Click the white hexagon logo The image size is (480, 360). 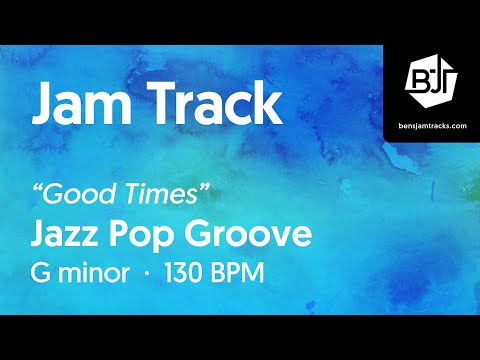coord(432,76)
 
